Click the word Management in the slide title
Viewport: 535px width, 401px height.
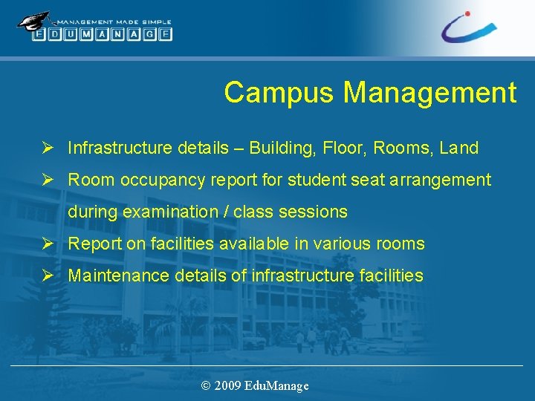(429, 93)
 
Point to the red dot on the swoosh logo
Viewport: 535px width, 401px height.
(467, 13)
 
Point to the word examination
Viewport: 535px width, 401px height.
(170, 212)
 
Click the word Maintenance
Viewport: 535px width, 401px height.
(119, 276)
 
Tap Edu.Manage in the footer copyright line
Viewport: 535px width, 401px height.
(276, 385)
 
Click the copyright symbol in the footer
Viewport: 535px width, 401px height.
(206, 385)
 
